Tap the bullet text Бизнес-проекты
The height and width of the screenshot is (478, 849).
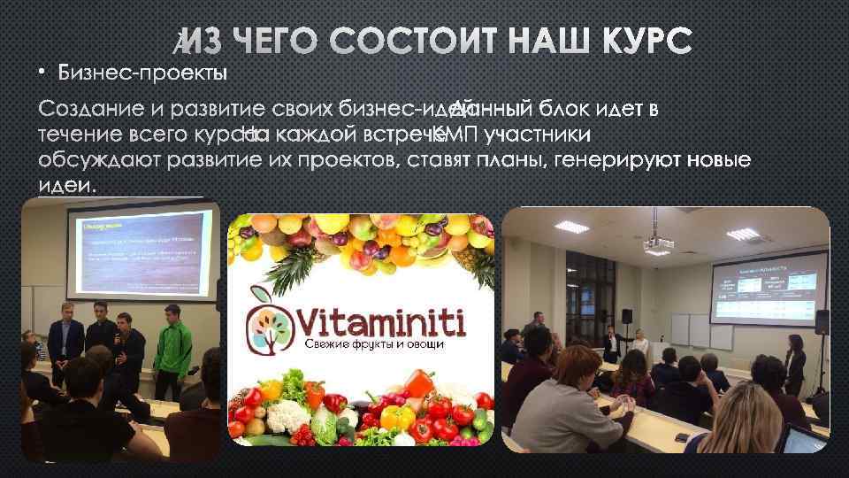pyautogui.click(x=144, y=71)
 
